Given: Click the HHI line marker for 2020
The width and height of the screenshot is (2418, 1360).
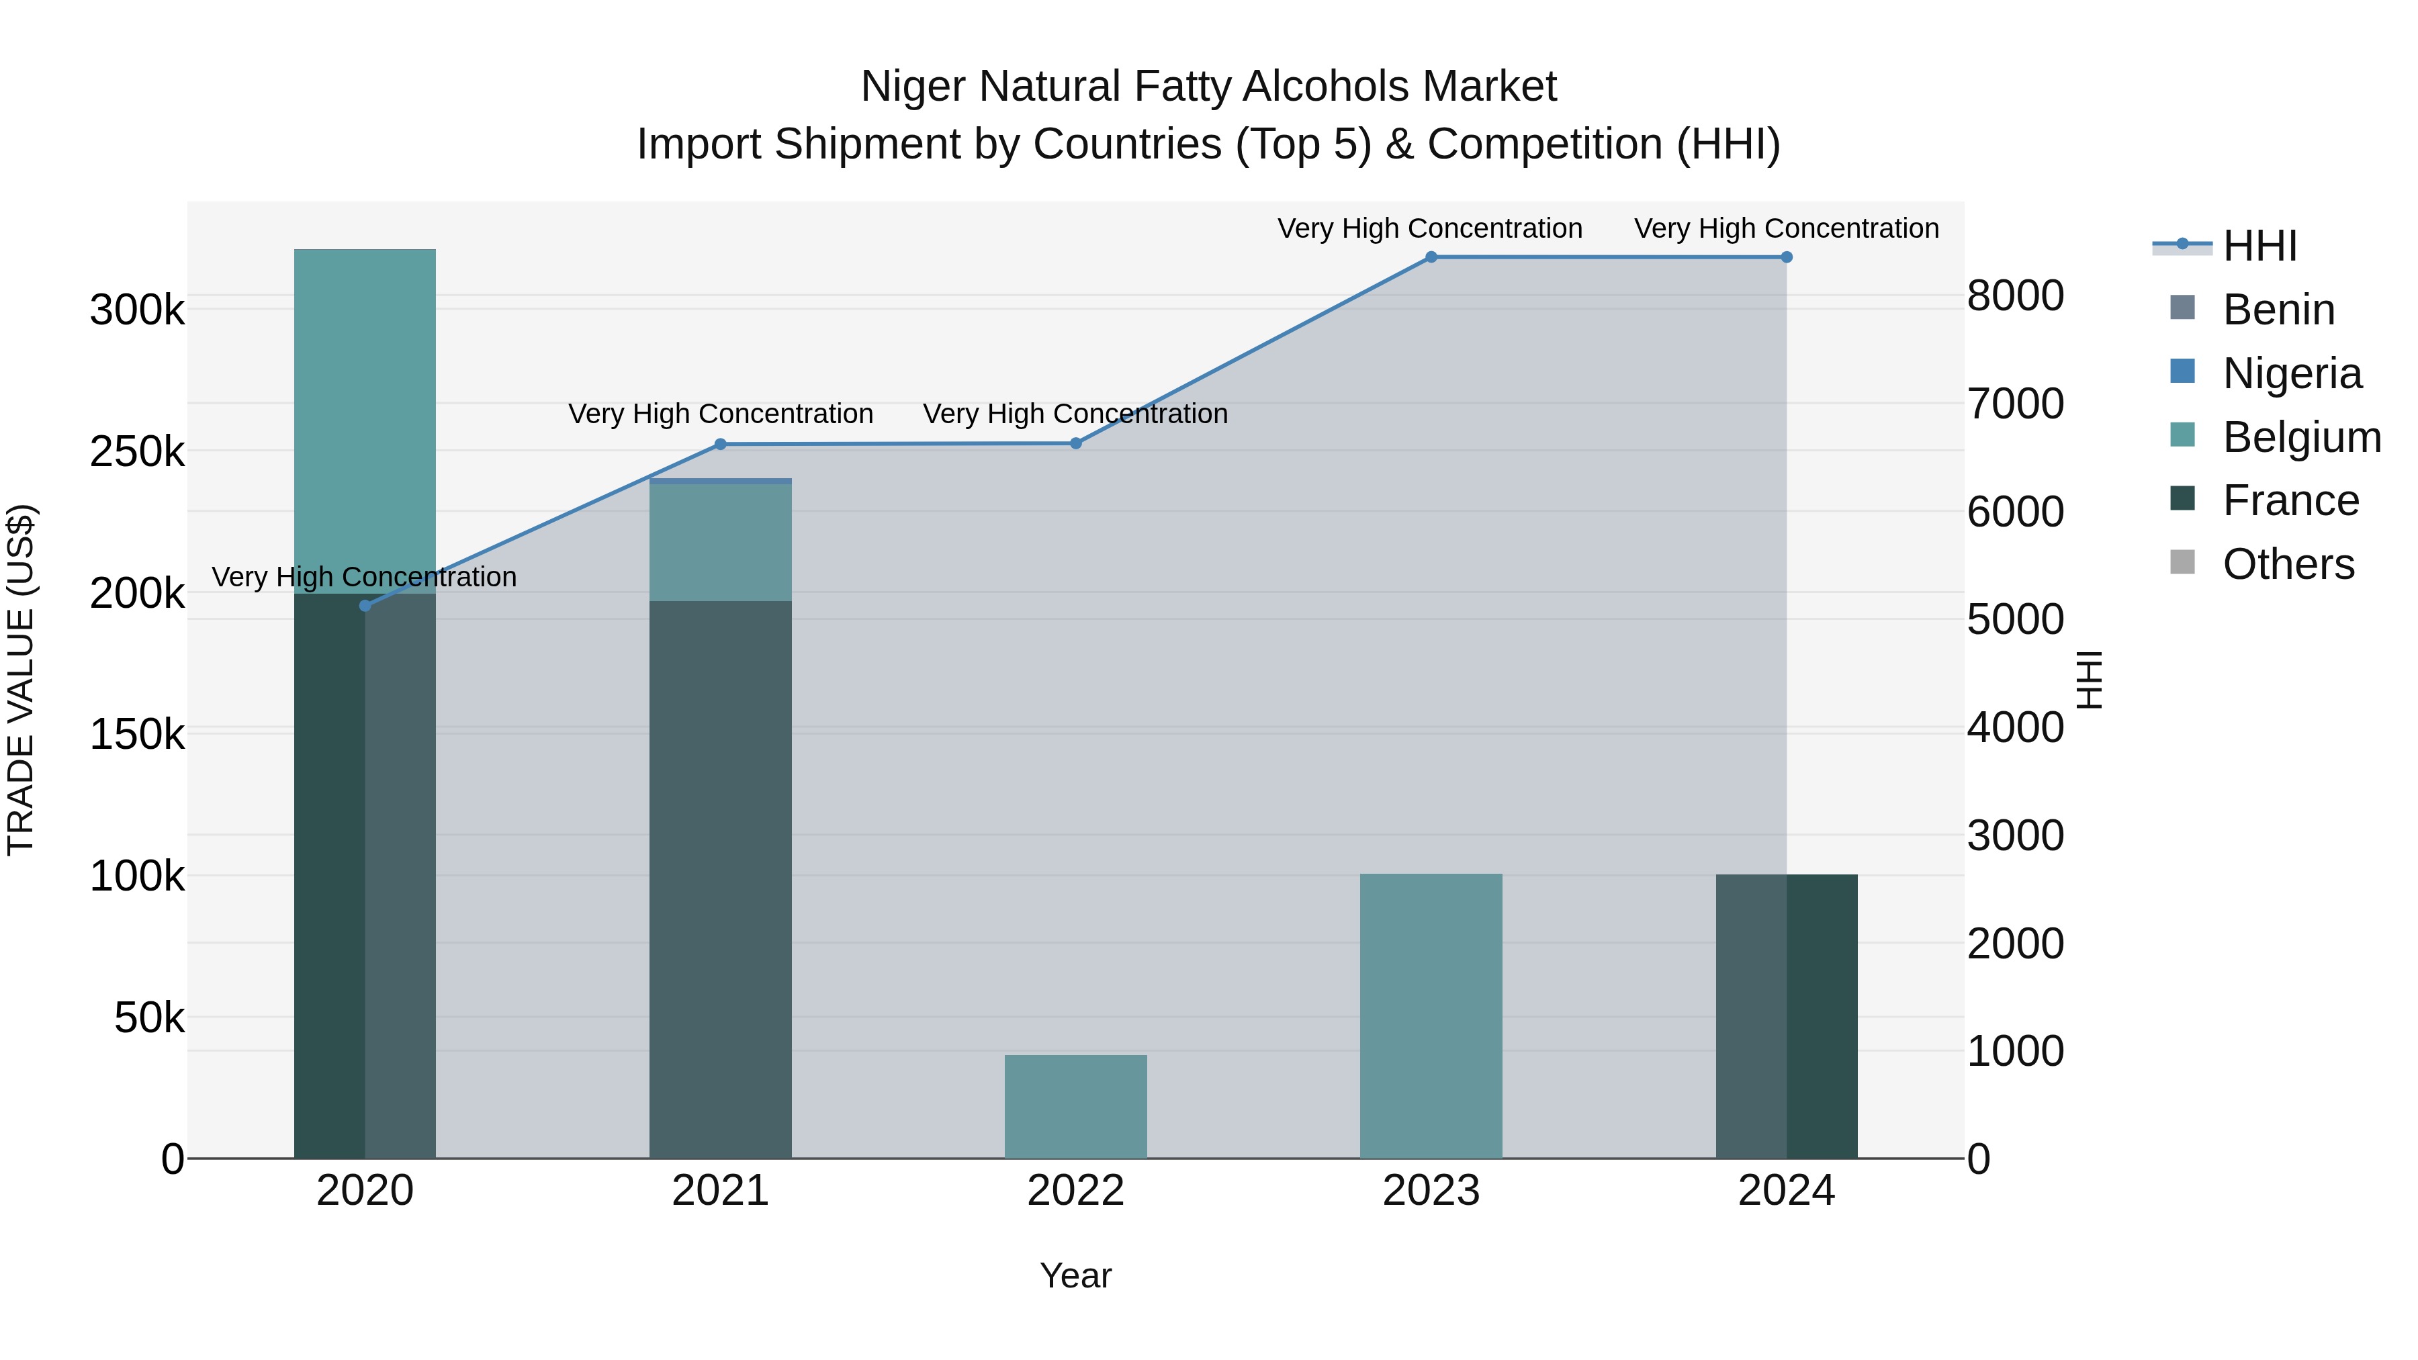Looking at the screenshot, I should point(365,605).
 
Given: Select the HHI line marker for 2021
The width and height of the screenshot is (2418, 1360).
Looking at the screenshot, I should point(721,444).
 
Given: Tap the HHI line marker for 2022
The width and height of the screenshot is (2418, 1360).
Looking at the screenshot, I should point(1076,443).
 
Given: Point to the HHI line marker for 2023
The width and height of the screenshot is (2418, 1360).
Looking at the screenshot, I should point(1431,257).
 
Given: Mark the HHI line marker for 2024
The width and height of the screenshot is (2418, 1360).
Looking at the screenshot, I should point(1786,257).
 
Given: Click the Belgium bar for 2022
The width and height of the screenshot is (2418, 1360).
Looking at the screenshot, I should point(1076,1107).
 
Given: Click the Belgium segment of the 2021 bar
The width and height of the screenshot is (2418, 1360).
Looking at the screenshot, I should point(721,543).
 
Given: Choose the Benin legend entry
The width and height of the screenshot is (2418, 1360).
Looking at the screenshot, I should point(2278,310).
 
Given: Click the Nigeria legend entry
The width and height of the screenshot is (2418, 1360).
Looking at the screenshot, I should point(2291,373).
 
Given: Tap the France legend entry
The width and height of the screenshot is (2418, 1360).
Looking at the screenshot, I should point(2290,500).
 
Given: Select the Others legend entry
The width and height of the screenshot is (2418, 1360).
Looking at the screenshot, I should point(2288,564).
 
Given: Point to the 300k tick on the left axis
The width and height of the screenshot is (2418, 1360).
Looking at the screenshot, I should point(137,310).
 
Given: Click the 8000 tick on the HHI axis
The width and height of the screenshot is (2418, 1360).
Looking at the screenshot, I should point(2015,296).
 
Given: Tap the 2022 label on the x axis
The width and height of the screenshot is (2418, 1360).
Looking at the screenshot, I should point(1076,1191).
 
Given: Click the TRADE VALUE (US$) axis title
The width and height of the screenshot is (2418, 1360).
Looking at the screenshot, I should point(21,680).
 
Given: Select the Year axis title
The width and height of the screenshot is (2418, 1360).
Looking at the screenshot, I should point(1076,1275).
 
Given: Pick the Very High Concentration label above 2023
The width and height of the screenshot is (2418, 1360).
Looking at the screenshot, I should point(1429,228).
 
